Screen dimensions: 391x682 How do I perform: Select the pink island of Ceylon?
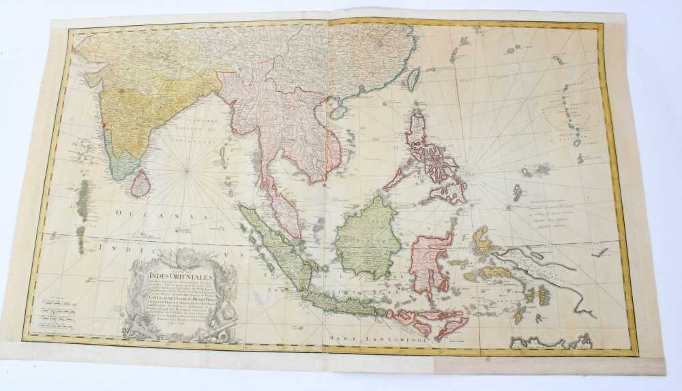[x=140, y=183]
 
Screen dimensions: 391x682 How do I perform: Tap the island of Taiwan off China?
[x=413, y=79]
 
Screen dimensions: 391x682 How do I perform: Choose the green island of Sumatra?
[x=273, y=245]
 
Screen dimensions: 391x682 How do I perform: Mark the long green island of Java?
[x=341, y=304]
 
